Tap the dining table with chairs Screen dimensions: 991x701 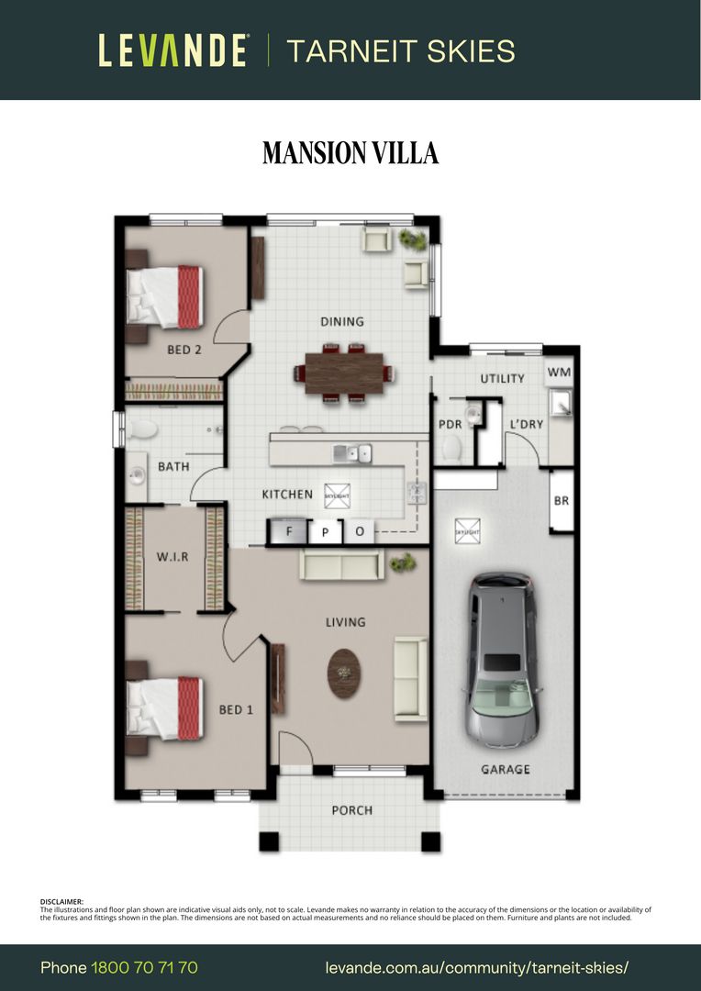344,373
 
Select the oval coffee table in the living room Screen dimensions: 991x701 344,674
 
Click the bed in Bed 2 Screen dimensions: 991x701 165,296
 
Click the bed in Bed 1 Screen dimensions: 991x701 165,708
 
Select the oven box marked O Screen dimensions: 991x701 359,531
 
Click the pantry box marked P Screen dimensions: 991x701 325,531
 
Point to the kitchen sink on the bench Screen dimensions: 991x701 352,451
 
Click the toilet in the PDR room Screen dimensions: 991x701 452,448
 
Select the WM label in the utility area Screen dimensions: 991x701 559,373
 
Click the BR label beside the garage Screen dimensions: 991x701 561,501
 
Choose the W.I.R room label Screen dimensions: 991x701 172,557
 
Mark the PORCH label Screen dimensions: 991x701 351,810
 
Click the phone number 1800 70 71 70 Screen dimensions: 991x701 144,968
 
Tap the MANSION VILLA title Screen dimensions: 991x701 350,153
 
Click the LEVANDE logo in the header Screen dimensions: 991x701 173,50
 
